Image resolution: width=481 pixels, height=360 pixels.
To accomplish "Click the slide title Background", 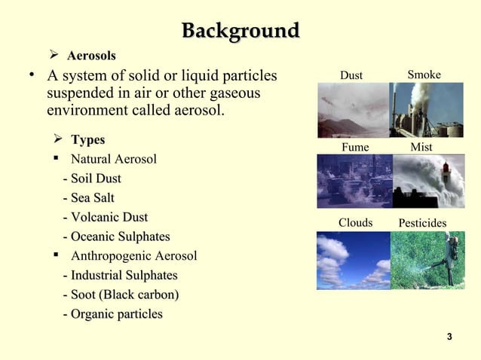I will pos(240,32).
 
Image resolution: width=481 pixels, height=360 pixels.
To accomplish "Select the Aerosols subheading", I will pos(91,56).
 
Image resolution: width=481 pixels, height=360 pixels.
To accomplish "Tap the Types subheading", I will pos(87,140).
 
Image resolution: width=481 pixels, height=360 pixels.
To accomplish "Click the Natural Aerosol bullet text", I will pos(113,160).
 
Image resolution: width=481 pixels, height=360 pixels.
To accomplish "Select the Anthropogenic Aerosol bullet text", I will pos(133,256).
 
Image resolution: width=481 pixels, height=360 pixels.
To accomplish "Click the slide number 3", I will pos(449,335).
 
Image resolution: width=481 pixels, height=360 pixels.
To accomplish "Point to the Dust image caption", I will pos(351,75).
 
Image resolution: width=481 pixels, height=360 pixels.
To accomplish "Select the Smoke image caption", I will pos(424,75).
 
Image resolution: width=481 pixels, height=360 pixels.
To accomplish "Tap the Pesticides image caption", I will pos(422,224).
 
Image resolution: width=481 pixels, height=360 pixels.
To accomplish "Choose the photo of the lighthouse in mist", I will pos(427,181).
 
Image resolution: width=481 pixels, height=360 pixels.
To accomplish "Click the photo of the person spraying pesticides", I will pos(427,261).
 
